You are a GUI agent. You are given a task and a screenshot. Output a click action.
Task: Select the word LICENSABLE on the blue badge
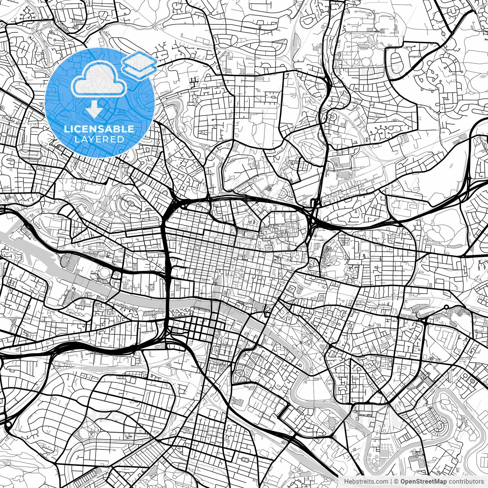[99, 129]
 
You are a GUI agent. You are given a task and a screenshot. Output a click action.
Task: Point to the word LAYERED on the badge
[100, 139]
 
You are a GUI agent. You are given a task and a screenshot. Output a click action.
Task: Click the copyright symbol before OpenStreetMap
[396, 482]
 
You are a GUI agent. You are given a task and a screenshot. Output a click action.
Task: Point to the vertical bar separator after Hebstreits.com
[391, 482]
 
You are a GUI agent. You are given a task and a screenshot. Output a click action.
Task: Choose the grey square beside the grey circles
[384, 453]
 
